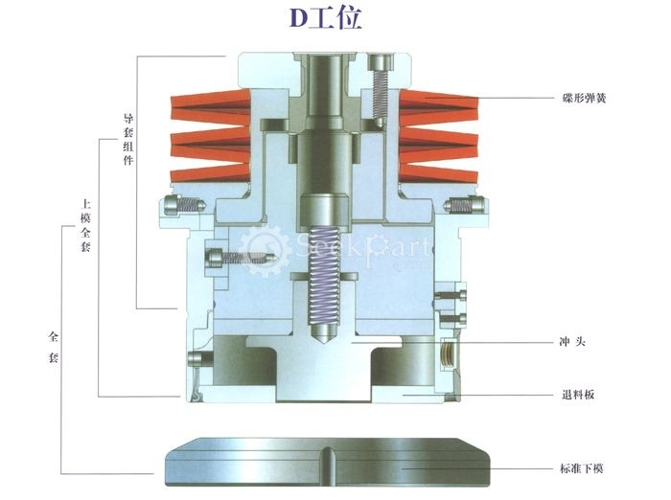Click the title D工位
point(326,18)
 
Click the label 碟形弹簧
point(584,98)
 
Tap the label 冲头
point(572,342)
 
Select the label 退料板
point(578,395)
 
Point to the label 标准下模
point(582,468)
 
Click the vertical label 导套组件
point(128,139)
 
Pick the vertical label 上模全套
point(85,225)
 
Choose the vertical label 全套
point(53,347)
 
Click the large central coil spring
point(324,276)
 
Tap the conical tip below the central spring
point(324,332)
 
